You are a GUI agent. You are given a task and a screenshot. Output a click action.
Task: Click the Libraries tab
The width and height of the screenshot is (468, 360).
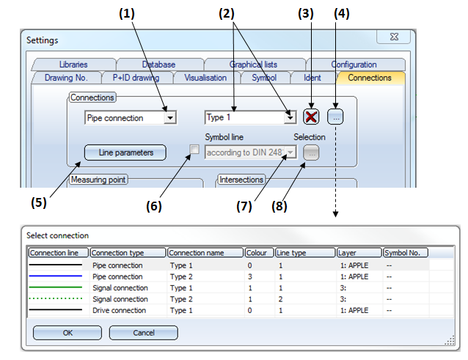pos(73,65)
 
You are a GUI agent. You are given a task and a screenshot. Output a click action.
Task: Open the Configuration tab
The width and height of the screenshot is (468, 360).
pos(354,65)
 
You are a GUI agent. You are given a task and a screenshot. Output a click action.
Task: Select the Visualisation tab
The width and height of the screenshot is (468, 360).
pos(205,77)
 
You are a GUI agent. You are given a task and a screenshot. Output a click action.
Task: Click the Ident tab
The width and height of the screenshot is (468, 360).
pos(312,77)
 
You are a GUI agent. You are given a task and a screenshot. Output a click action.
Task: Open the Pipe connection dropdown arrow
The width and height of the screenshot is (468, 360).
pos(169,117)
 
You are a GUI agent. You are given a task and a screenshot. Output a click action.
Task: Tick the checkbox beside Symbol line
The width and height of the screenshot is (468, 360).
pos(194,150)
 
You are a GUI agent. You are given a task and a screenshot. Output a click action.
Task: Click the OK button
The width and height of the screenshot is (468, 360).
pos(67,332)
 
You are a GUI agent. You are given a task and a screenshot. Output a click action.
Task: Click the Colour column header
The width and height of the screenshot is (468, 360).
pos(258,253)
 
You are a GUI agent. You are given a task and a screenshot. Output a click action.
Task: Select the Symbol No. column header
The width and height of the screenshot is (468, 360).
pos(405,253)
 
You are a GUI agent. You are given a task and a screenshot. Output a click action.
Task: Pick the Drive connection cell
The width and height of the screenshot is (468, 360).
pos(118,310)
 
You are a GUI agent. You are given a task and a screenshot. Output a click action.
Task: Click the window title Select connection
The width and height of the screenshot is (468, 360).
pos(57,235)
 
